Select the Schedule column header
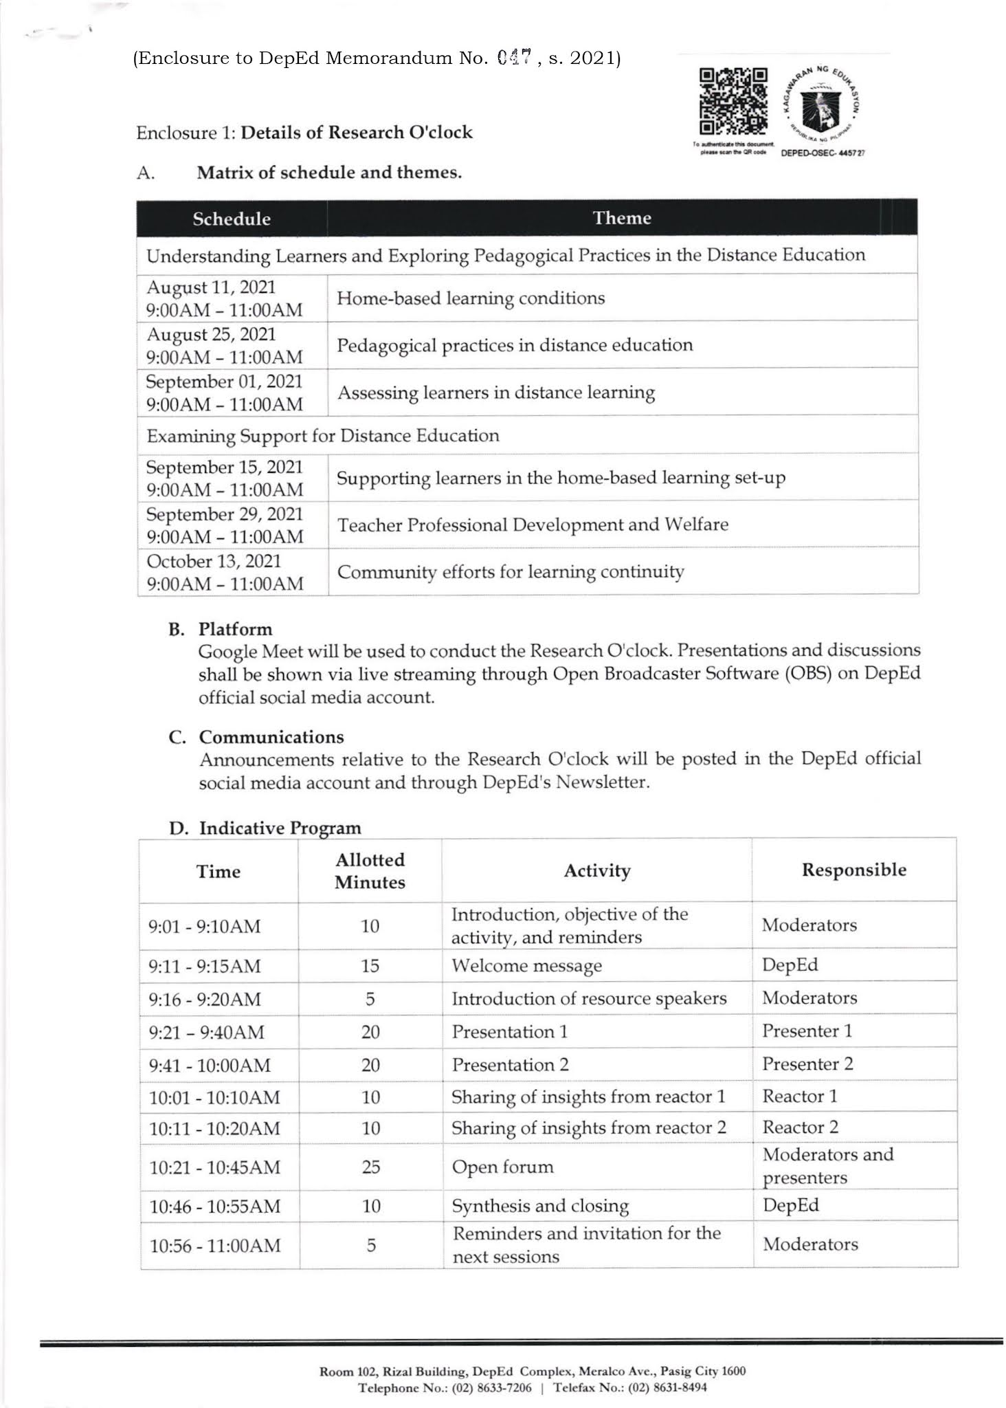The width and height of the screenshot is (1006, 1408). tap(232, 219)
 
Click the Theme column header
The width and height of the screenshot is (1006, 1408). tap(622, 218)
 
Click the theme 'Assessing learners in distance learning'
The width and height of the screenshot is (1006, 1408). tap(495, 393)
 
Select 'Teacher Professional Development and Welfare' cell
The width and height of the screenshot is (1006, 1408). tap(533, 525)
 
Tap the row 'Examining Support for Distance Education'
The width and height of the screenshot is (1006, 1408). tap(323, 436)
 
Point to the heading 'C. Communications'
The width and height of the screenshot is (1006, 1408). tap(256, 737)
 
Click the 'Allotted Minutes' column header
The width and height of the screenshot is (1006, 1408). tap(370, 871)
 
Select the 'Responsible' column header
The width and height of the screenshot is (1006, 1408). tap(854, 870)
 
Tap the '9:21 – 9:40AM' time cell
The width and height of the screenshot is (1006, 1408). tap(206, 1032)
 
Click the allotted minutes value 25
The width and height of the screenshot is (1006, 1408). tap(370, 1167)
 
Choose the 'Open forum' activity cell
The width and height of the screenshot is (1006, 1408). tap(502, 1167)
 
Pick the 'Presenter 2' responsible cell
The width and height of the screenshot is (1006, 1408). tap(807, 1064)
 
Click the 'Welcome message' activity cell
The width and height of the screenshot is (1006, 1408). tap(526, 965)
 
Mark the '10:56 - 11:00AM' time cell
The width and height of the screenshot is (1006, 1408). tap(215, 1245)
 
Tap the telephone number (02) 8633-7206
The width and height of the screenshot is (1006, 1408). tap(491, 1387)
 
